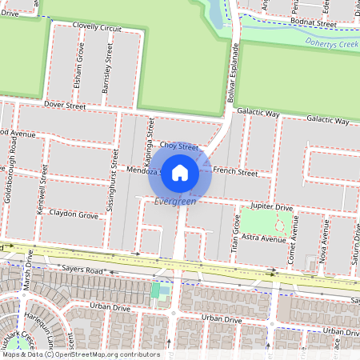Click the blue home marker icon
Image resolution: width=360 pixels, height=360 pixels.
click(180, 172)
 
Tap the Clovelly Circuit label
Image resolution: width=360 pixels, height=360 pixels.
click(97, 27)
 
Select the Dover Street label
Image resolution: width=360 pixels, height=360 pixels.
click(65, 105)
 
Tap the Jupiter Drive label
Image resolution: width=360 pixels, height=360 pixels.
click(273, 206)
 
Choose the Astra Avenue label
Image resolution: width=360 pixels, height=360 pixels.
click(264, 238)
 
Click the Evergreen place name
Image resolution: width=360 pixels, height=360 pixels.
click(175, 201)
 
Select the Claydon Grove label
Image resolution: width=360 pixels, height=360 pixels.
click(74, 215)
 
